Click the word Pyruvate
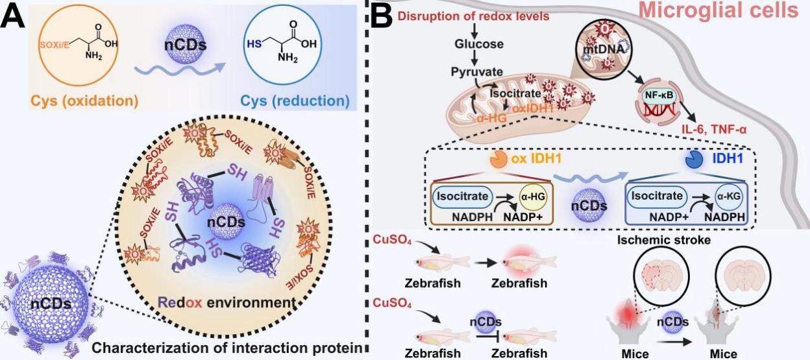tap(475, 71)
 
